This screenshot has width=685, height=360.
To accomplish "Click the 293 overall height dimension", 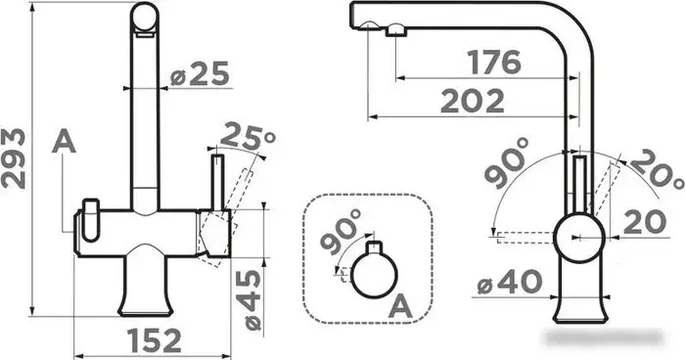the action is click(x=13, y=158).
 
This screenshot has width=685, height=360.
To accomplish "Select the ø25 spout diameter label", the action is click(x=200, y=73).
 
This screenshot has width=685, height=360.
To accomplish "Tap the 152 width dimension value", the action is click(x=155, y=340).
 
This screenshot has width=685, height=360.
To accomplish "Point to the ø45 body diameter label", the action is click(x=252, y=299).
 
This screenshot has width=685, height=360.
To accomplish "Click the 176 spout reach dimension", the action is click(x=494, y=62).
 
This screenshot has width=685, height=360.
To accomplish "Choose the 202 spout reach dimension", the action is click(x=473, y=102).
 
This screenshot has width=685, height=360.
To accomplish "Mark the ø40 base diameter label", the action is click(x=510, y=283).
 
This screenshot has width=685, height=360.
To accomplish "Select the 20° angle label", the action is click(x=657, y=169).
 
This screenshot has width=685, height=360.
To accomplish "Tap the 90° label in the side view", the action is click(x=507, y=162).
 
